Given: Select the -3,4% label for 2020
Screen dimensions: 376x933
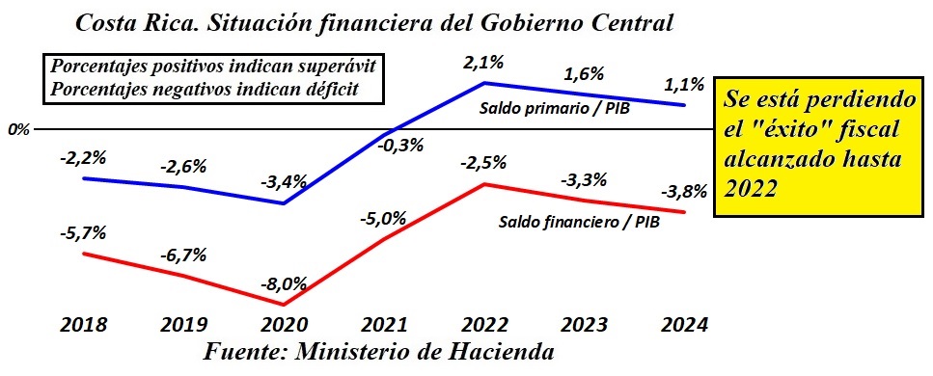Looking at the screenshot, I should coord(283,180).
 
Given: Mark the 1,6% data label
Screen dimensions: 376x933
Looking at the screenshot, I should coord(585,74).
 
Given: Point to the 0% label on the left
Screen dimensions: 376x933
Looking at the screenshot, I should coord(18,128).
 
